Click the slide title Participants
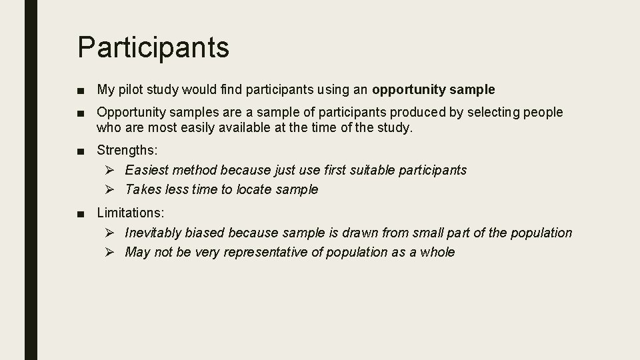(x=153, y=47)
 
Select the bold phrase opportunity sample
(x=433, y=89)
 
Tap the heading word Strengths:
(x=127, y=151)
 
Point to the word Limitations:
(x=131, y=213)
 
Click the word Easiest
(x=146, y=170)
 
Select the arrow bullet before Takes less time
(x=111, y=189)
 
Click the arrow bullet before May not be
(x=111, y=252)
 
